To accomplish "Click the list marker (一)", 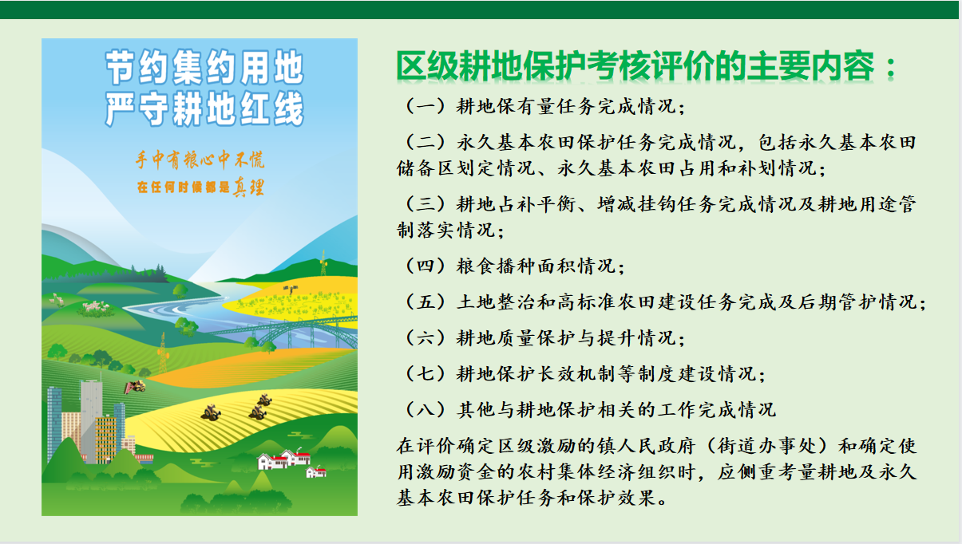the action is [x=426, y=106].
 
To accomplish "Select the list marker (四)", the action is [x=426, y=266].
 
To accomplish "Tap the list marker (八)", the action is [x=426, y=410].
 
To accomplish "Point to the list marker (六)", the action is [x=426, y=338].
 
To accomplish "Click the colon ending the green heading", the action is [x=892, y=68].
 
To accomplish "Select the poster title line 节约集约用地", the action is [x=204, y=67].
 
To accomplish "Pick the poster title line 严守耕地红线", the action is [x=204, y=109].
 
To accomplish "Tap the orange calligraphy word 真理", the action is [x=248, y=187].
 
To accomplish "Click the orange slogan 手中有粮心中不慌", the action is [x=200, y=160].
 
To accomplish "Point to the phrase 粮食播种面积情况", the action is [x=536, y=266].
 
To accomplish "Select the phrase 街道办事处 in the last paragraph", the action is [x=766, y=446].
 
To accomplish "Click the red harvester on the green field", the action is [x=135, y=387].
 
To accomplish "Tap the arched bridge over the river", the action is [x=283, y=331].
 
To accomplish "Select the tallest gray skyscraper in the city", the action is [x=91, y=420].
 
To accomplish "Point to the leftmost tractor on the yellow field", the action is [x=211, y=412].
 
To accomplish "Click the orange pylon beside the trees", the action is [x=163, y=353].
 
